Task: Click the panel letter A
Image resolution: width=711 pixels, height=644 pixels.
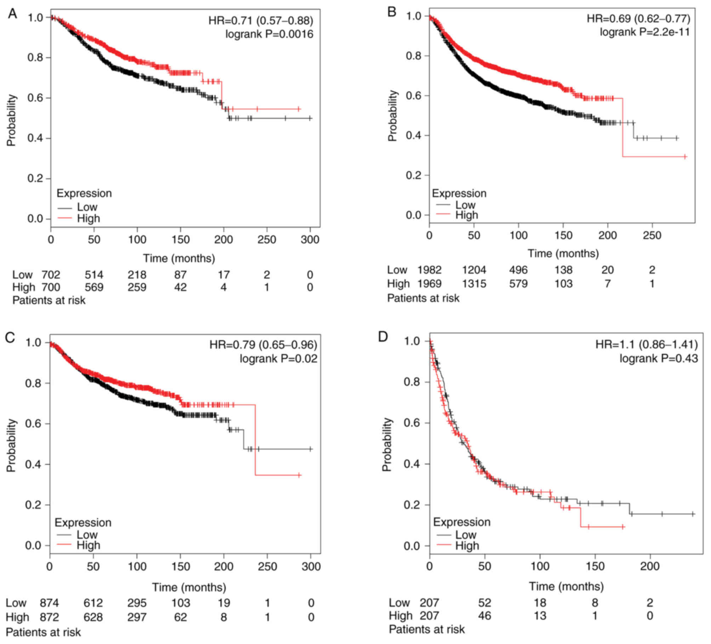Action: point(12,14)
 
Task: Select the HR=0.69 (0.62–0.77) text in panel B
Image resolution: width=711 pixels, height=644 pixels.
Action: point(638,18)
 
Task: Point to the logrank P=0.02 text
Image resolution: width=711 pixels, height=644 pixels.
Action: point(278,359)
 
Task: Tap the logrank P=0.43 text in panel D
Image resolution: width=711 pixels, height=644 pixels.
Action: point(659,358)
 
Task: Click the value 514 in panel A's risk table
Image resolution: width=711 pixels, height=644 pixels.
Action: point(94,275)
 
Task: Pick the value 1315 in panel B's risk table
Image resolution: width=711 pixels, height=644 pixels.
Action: point(474,283)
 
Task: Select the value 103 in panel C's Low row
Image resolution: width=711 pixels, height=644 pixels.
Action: point(181,603)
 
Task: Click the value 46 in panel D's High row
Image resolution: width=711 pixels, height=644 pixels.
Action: point(484,616)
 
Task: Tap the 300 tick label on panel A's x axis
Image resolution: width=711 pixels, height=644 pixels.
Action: point(310,240)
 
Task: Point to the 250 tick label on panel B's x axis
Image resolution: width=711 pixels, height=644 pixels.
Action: point(652,235)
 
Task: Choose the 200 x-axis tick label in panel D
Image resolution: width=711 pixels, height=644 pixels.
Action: point(650,566)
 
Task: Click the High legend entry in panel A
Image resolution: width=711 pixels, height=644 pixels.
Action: point(88,219)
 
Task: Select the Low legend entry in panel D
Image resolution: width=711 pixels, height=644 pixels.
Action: point(466,534)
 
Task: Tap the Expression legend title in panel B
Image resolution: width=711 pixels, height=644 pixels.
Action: point(459,193)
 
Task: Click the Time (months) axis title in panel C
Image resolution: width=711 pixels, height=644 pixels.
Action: point(189,587)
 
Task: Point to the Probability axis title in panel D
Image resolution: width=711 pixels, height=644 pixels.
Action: point(387,444)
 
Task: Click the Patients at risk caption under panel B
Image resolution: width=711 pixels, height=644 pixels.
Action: point(423,298)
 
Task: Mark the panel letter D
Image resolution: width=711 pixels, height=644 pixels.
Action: point(383,337)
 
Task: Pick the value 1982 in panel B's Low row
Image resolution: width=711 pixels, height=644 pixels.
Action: point(430,270)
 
